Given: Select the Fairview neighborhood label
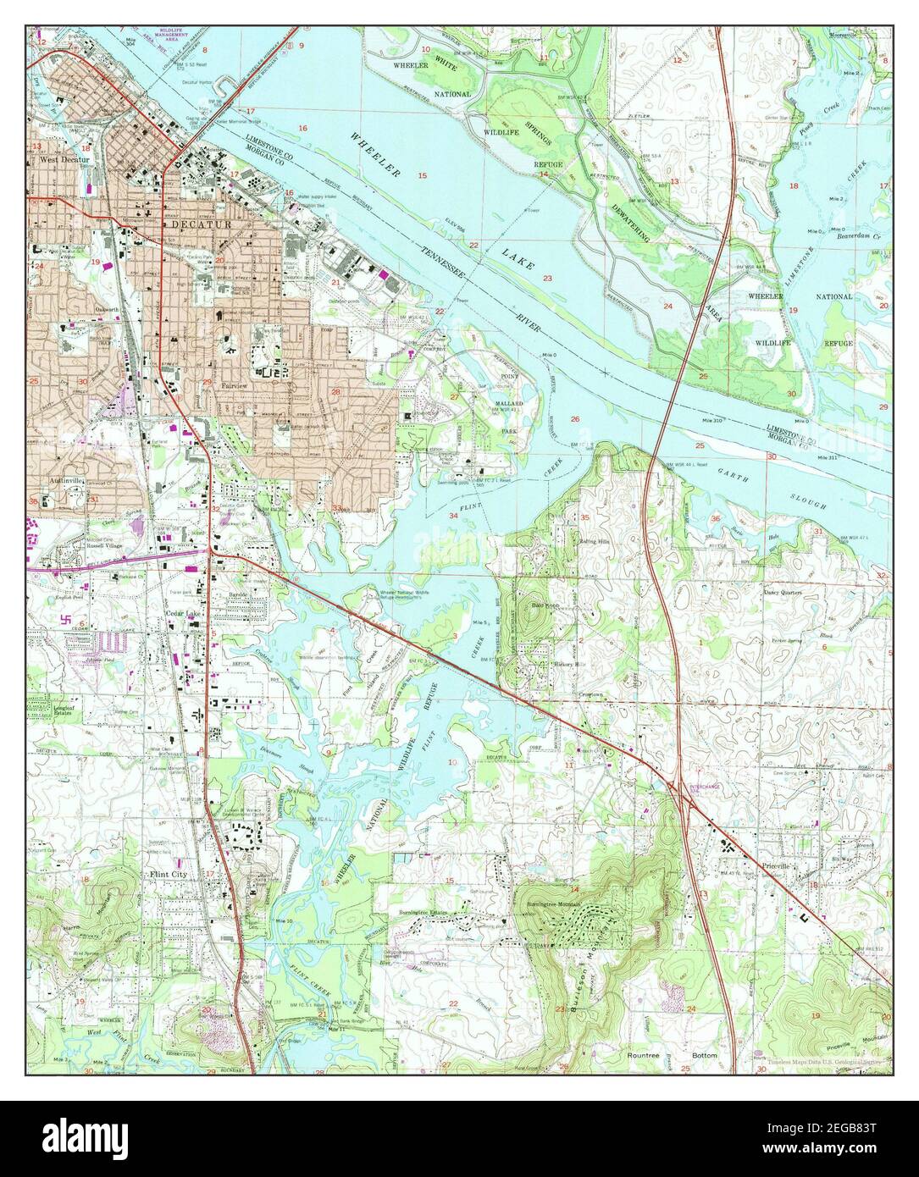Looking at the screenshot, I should coord(235,385).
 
